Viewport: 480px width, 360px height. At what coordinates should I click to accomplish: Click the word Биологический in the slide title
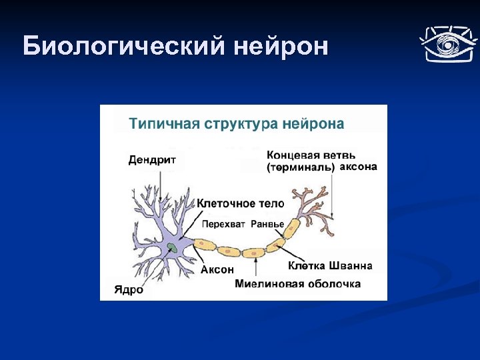coord(123,47)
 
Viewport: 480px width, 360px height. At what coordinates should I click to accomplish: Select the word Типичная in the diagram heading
coord(163,124)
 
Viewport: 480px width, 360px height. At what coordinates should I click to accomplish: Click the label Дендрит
coord(153,160)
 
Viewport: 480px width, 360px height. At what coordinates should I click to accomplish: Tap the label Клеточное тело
coord(241,203)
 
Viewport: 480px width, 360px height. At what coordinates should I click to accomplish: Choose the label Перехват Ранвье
coord(243,223)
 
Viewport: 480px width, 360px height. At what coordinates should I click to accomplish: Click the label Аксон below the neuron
coord(217,270)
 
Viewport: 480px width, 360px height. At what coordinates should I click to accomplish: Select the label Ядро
coord(129,290)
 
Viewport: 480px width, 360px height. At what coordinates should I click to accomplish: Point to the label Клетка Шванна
coord(330,266)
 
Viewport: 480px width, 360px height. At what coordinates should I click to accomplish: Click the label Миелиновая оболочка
coord(297,284)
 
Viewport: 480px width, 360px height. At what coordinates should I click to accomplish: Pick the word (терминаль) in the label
coord(301,167)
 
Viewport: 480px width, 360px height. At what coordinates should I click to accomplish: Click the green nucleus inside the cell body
coord(172,247)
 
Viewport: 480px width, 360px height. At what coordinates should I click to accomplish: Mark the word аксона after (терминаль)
coord(359,167)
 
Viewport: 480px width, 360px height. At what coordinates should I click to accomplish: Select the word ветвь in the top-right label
coord(347,155)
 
